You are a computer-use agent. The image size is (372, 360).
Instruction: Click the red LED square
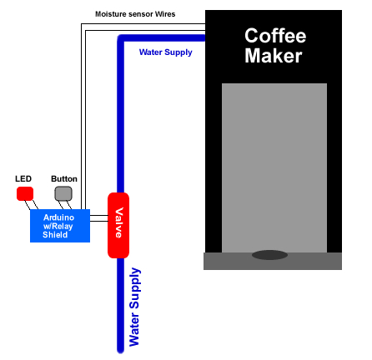25,194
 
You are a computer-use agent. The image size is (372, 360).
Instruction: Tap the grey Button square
63,193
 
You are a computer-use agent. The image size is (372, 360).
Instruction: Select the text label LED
23,179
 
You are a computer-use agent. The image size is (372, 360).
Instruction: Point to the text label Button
64,179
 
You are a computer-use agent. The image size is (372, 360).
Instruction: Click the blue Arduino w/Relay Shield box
59,225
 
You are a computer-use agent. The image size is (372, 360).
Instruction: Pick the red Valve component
119,224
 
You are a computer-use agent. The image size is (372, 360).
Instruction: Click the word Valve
119,223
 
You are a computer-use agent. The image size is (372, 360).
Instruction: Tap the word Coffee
274,37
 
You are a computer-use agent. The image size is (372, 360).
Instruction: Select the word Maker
274,56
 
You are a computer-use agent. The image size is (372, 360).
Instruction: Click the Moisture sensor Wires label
135,15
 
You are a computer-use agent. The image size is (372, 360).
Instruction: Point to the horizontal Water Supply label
165,52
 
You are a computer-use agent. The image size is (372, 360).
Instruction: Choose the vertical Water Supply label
135,306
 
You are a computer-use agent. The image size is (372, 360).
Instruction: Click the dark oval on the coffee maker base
269,255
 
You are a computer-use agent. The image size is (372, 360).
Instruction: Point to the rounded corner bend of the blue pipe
123,40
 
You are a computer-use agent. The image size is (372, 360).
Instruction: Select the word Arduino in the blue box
59,217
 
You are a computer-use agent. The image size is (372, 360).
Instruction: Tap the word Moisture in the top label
111,15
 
